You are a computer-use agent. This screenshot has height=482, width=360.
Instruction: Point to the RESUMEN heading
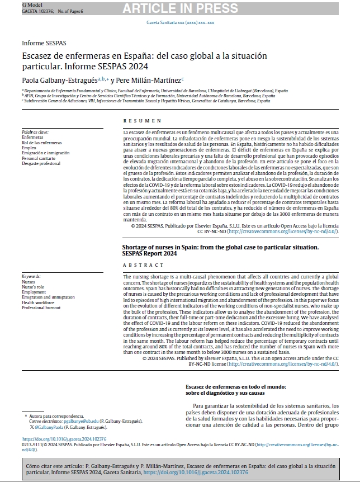click(x=142, y=121)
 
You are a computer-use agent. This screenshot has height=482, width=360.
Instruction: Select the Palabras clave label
click(x=35, y=132)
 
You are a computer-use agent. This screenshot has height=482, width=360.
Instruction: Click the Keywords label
click(x=31, y=277)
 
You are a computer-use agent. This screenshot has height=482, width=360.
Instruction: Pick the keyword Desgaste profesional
click(x=41, y=164)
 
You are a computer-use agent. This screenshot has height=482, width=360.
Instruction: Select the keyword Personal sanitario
click(x=39, y=158)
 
